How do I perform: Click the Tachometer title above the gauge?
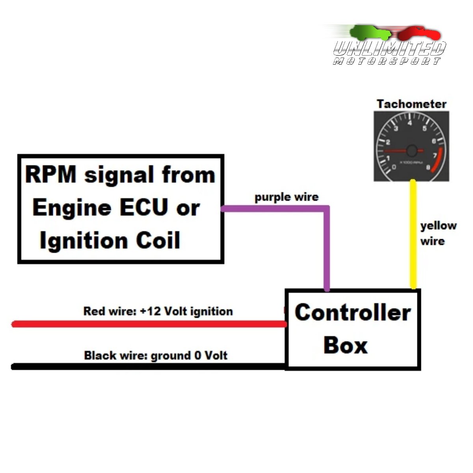click(411, 104)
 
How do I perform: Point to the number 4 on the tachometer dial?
click(410, 123)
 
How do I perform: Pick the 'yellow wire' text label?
click(438, 233)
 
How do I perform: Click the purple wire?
click(326, 248)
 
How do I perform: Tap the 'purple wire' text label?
click(287, 197)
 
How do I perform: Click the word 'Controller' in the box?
click(352, 313)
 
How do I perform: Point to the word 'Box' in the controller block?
click(345, 345)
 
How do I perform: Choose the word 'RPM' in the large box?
click(51, 175)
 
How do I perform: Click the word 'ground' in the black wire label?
click(170, 356)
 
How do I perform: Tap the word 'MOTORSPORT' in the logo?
click(387, 61)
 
